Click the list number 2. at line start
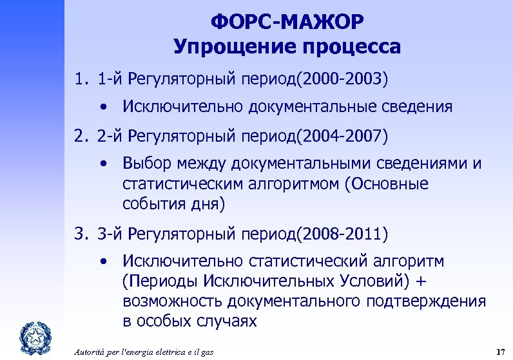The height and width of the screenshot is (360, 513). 81,136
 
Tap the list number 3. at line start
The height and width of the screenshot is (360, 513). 81,234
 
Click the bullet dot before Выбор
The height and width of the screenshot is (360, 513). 103,164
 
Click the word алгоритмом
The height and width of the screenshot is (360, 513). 290,184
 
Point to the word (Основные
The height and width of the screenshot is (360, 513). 387,184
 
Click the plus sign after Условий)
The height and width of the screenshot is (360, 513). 421,282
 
